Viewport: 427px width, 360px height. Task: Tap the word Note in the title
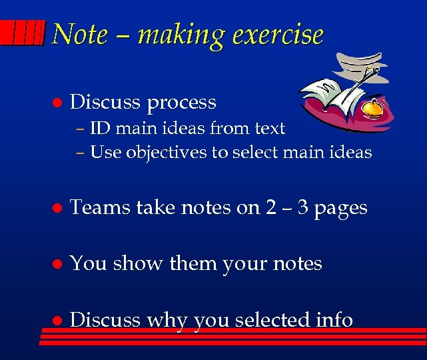pos(79,35)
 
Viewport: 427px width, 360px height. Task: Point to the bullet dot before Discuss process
pos(57,103)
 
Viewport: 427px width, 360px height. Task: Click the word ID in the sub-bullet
pos(101,128)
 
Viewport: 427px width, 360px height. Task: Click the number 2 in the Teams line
pos(271,208)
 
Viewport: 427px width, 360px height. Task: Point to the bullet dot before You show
pos(57,264)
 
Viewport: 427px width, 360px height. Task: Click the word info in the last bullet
pos(334,320)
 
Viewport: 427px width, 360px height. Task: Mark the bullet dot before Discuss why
pos(57,321)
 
